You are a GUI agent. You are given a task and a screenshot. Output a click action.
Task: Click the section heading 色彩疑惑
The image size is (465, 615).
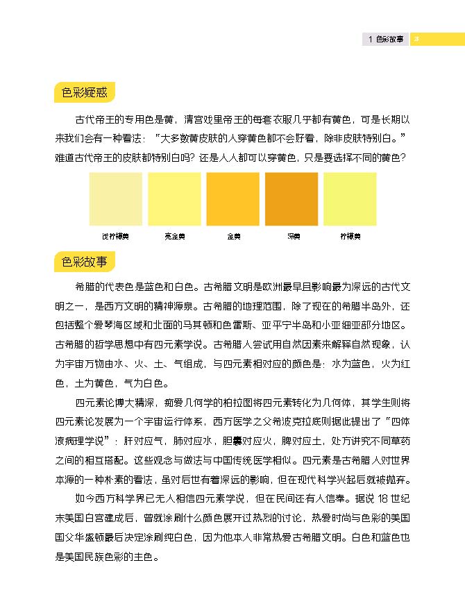pos(84,92)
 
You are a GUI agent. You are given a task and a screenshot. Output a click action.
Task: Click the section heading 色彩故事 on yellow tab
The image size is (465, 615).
pos(84,262)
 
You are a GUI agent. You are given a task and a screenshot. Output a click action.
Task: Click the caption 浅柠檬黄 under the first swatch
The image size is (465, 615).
pos(115,236)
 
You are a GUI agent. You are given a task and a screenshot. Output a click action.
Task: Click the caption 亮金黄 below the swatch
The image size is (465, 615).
pos(174,236)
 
